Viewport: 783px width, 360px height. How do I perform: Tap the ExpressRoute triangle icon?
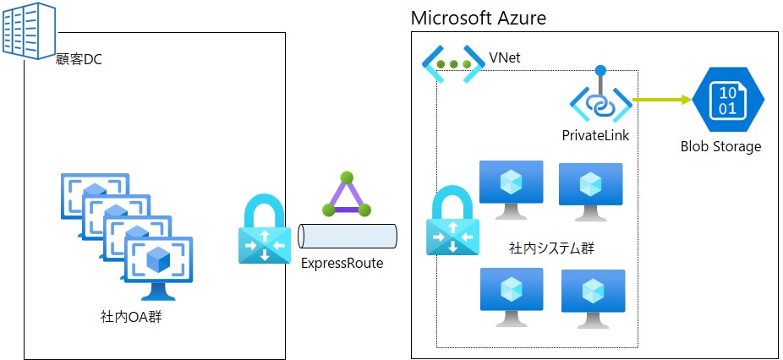click(x=346, y=196)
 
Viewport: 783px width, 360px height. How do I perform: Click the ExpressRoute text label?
click(x=342, y=263)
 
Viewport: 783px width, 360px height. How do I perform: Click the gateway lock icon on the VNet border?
click(x=452, y=225)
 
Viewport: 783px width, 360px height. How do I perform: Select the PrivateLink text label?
click(x=595, y=135)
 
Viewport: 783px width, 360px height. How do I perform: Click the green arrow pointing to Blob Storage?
click(x=662, y=100)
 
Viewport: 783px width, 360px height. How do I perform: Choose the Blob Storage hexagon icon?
click(x=727, y=99)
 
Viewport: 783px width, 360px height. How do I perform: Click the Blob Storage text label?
click(x=720, y=146)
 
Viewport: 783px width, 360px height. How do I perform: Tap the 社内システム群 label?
click(x=552, y=248)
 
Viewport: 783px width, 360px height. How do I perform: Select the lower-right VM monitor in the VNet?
click(x=593, y=296)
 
